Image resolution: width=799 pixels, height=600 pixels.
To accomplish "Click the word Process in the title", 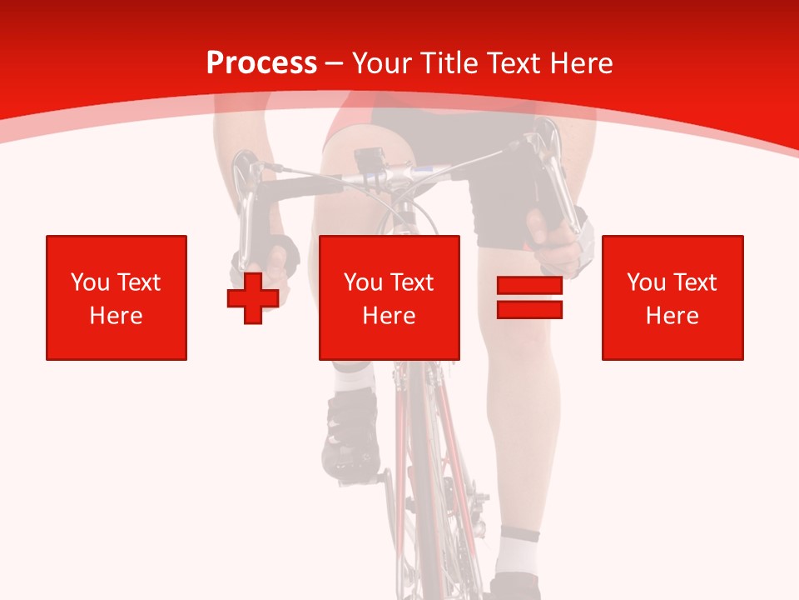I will click(x=261, y=63).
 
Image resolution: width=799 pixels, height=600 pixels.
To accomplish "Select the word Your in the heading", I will click(x=382, y=63).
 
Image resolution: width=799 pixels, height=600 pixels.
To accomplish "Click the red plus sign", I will click(x=252, y=298).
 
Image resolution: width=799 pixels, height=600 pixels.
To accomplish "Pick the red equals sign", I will click(x=529, y=298).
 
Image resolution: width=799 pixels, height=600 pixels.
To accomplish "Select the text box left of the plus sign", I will click(x=117, y=297).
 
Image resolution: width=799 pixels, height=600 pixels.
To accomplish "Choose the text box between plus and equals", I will click(x=389, y=297).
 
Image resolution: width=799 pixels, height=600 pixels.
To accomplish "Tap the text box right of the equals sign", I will click(x=672, y=297).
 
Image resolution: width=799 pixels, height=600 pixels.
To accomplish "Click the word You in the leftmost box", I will click(x=88, y=282).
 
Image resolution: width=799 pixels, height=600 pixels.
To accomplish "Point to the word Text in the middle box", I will click(x=411, y=282).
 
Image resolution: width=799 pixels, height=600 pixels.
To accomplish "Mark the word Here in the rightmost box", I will click(x=672, y=316).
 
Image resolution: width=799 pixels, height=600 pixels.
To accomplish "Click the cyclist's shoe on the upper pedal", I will click(x=350, y=433).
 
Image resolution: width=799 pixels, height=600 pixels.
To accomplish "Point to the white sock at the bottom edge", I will click(x=518, y=553).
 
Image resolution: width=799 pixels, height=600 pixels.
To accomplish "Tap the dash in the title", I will click(x=334, y=63).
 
